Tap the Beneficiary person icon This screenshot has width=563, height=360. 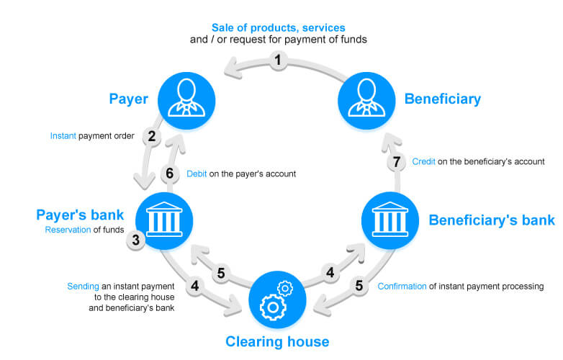(x=363, y=98)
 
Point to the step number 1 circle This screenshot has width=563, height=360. (x=278, y=61)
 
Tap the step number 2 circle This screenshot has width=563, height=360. (x=151, y=135)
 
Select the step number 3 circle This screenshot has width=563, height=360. (x=135, y=240)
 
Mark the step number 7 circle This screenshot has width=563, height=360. (x=396, y=162)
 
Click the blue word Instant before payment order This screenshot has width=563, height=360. (x=63, y=135)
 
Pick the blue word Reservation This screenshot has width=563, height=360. (x=69, y=230)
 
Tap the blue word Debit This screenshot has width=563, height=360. (x=197, y=174)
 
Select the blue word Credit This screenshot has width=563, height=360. (x=423, y=162)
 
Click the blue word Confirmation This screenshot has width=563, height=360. (x=407, y=286)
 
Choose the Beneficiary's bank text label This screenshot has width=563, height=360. (x=492, y=220)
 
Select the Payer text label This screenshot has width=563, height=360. (x=128, y=98)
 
